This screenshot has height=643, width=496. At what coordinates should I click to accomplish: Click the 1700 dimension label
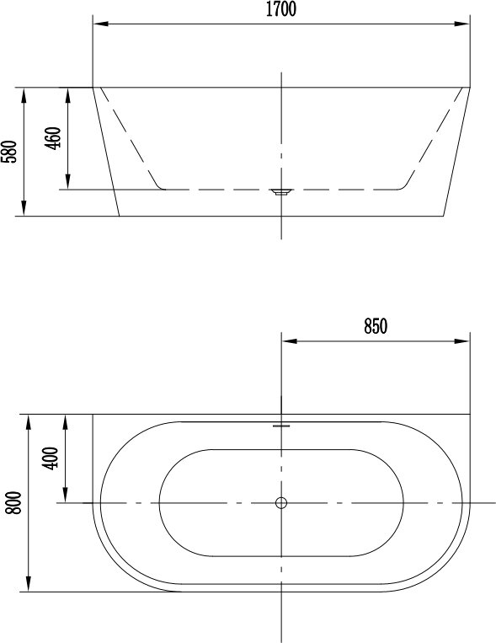(x=280, y=9)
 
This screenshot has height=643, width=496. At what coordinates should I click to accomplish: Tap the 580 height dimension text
(x=9, y=152)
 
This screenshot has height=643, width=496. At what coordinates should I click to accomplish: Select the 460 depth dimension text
(x=53, y=138)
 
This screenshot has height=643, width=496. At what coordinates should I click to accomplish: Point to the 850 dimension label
(x=376, y=326)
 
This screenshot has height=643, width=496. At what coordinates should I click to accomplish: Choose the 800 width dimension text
(x=13, y=503)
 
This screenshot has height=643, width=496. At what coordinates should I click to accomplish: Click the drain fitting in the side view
(x=280, y=191)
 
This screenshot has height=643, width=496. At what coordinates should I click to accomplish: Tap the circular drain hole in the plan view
(x=281, y=503)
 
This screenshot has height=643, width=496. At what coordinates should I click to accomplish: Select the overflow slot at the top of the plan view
(x=281, y=426)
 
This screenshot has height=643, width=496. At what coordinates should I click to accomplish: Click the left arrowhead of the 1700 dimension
(x=100, y=24)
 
